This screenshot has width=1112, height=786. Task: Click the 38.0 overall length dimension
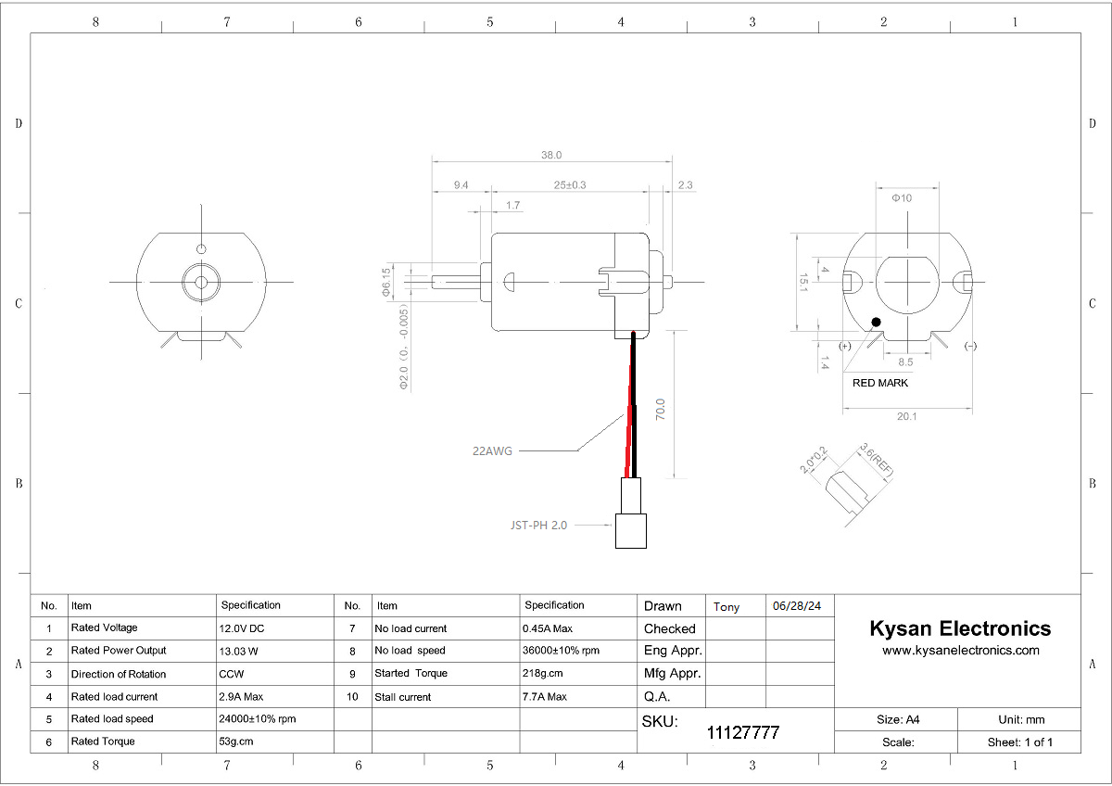click(552, 156)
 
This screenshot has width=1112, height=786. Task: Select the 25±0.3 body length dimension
click(570, 185)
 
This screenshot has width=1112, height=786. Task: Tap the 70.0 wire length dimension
click(661, 410)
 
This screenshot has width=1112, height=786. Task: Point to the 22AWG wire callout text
click(491, 451)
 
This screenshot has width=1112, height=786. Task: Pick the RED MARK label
click(880, 383)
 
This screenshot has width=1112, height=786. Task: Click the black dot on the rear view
click(876, 323)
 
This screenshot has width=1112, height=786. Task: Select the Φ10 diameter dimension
click(902, 198)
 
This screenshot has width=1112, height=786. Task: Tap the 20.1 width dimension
click(906, 417)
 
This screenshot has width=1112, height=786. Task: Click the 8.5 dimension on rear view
click(905, 362)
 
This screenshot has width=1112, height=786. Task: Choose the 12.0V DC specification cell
click(242, 628)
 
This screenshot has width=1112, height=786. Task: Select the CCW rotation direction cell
click(232, 674)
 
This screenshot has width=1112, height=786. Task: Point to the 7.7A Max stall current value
click(545, 697)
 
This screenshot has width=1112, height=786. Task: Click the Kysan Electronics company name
click(960, 628)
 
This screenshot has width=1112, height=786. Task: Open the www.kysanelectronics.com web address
click(961, 651)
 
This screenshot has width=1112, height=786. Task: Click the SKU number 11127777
click(743, 733)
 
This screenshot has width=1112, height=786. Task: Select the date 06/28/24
click(797, 606)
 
